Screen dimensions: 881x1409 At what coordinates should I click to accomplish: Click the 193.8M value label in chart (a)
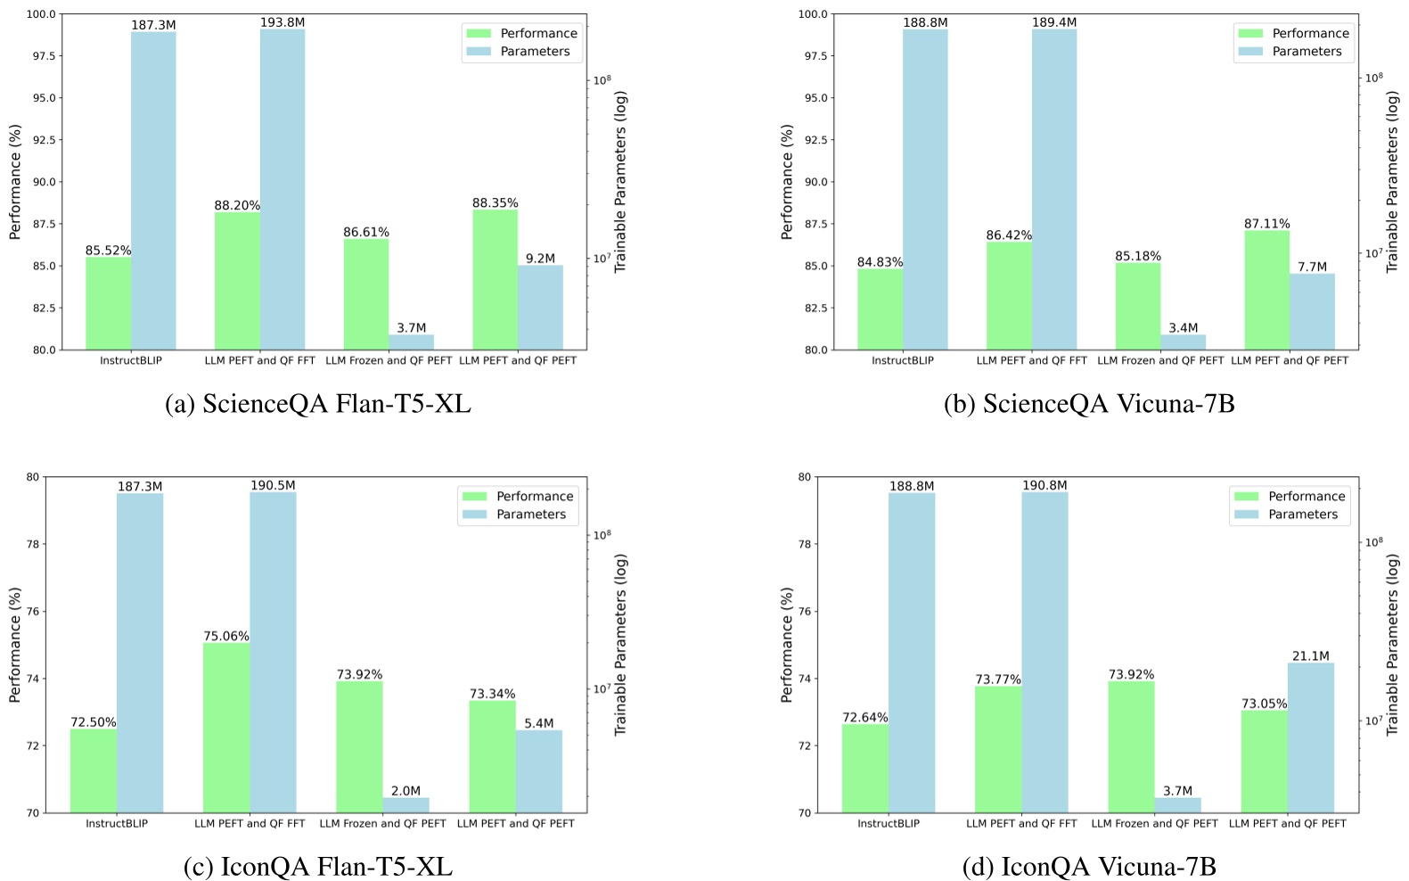click(282, 21)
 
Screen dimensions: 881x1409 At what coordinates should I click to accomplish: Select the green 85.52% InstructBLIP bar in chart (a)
click(108, 303)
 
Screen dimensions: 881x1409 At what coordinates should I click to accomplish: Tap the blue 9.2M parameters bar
click(540, 307)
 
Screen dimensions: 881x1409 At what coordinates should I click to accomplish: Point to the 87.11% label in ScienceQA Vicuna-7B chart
click(1266, 224)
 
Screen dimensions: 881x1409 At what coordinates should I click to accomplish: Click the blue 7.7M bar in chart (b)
click(1312, 311)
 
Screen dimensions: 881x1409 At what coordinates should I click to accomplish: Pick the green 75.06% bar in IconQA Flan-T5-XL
click(225, 727)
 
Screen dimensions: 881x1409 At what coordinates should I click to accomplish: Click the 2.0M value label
click(405, 790)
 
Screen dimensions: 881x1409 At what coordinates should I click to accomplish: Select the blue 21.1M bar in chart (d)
click(1310, 737)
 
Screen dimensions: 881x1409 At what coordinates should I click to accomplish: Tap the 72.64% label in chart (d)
click(864, 717)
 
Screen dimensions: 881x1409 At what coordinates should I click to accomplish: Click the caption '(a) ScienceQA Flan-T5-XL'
click(318, 404)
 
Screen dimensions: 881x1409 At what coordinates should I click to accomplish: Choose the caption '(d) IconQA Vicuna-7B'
click(1089, 866)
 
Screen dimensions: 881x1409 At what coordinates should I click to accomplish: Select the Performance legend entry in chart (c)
click(519, 496)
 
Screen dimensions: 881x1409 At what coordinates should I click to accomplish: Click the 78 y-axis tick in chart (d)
click(804, 544)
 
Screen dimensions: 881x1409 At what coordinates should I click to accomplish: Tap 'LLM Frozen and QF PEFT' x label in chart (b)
click(1159, 361)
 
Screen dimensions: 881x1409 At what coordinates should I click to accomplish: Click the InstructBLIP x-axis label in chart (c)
click(117, 824)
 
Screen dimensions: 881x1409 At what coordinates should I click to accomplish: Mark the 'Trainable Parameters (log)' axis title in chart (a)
click(620, 181)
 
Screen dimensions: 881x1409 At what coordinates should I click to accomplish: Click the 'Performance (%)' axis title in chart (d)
click(786, 645)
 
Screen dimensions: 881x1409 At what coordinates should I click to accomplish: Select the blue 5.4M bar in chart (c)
click(539, 770)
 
